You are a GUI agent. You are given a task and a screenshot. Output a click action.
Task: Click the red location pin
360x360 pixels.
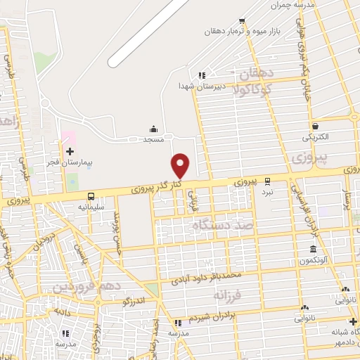(181, 165)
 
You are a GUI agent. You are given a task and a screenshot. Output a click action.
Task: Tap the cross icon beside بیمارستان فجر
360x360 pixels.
(70, 151)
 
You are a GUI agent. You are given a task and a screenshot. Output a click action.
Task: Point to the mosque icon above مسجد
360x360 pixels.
(153, 129)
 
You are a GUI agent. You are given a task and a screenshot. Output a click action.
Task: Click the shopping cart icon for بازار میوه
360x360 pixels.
(242, 21)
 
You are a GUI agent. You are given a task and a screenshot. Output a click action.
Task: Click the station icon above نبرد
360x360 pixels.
(267, 180)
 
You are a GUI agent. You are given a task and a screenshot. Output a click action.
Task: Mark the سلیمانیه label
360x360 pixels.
(91, 207)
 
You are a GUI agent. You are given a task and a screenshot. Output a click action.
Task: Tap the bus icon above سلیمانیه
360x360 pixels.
(91, 196)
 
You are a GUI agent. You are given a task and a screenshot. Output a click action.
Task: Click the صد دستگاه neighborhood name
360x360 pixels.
(219, 225)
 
